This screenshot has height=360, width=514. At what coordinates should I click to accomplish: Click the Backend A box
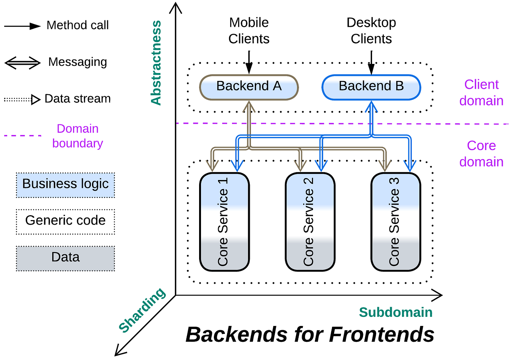click(249, 87)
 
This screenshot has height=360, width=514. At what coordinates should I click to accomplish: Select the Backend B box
click(371, 87)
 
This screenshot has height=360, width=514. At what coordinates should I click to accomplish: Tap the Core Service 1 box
click(224, 222)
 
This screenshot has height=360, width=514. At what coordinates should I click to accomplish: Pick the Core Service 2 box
click(310, 222)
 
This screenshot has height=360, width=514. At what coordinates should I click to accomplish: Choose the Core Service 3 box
click(396, 222)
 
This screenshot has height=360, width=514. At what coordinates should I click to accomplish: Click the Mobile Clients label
click(249, 31)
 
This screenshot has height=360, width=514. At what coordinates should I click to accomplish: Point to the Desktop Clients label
click(371, 31)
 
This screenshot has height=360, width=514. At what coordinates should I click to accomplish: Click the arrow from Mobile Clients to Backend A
click(249, 62)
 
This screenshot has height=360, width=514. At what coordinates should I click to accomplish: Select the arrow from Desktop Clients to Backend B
click(371, 62)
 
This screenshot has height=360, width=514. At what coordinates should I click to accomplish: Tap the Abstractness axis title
click(156, 63)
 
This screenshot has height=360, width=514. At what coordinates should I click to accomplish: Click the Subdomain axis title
click(396, 312)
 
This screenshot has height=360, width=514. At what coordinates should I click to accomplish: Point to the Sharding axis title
click(142, 310)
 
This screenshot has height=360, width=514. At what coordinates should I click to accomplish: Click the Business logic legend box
click(65, 185)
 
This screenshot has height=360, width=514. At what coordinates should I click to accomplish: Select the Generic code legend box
click(65, 222)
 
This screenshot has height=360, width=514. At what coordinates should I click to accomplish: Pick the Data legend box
click(65, 258)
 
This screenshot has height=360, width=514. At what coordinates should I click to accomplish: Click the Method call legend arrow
click(22, 26)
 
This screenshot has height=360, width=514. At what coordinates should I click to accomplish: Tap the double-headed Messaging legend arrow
click(22, 63)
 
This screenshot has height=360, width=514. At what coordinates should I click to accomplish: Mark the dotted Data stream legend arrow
click(22, 99)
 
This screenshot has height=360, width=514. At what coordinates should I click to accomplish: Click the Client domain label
click(481, 93)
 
